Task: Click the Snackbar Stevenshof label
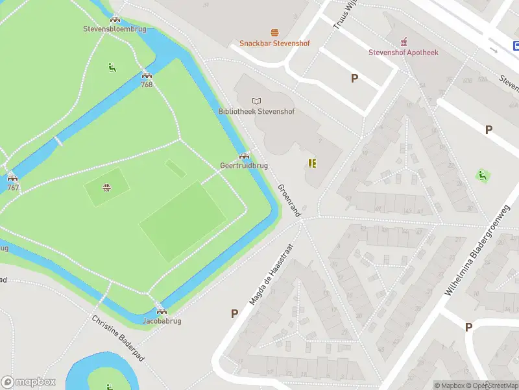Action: pyautogui.click(x=274, y=44)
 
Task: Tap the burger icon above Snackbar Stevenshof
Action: pyautogui.click(x=274, y=32)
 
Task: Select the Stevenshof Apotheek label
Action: pyautogui.click(x=404, y=52)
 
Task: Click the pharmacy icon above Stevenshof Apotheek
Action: pyautogui.click(x=404, y=41)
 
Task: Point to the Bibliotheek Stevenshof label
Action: pyautogui.click(x=256, y=111)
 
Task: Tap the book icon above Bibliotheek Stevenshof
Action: pyautogui.click(x=256, y=100)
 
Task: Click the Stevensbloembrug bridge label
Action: pyautogui.click(x=115, y=29)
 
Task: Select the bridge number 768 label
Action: pyautogui.click(x=147, y=84)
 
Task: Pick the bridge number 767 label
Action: pyautogui.click(x=12, y=188)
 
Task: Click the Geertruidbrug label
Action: pyautogui.click(x=244, y=166)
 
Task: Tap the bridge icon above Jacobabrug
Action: pyautogui.click(x=162, y=311)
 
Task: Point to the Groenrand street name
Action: pyautogui.click(x=289, y=199)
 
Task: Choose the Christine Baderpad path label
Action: pyautogui.click(x=117, y=339)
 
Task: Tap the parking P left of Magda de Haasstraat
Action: pyautogui.click(x=234, y=313)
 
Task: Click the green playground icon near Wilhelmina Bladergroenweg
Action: pyautogui.click(x=482, y=175)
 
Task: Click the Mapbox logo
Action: pyautogui.click(x=29, y=382)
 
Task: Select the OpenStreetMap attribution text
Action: pyautogui.click(x=493, y=385)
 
